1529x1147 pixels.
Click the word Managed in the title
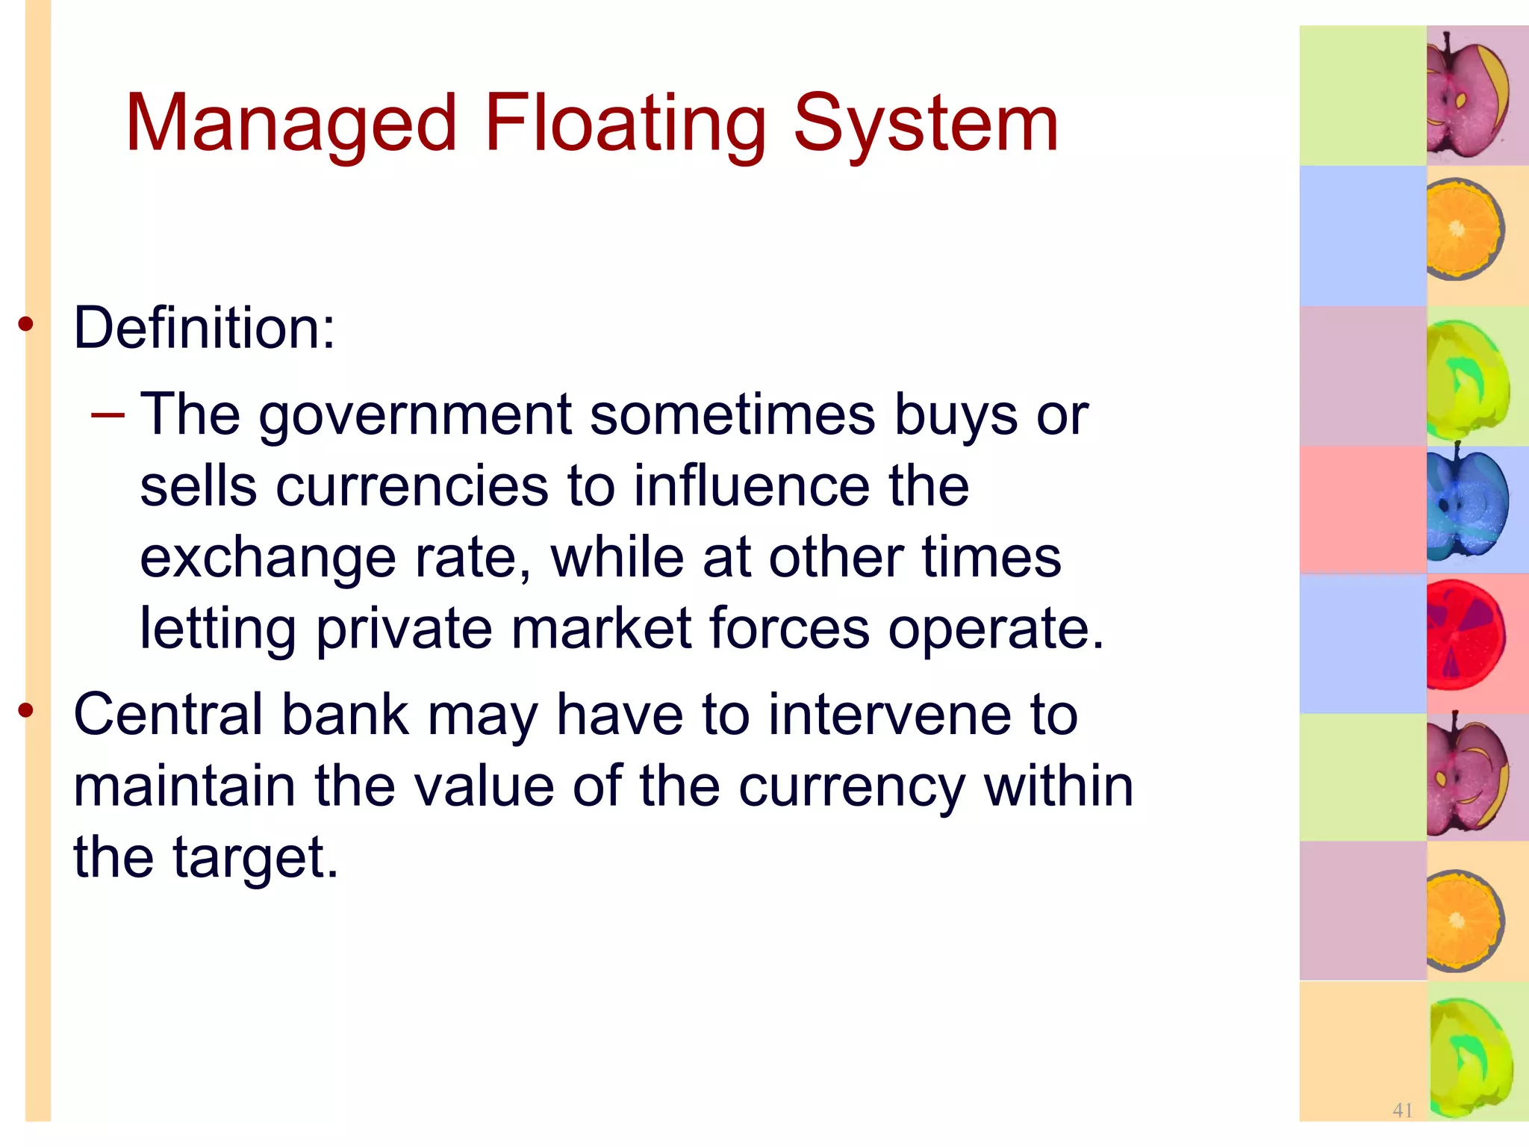point(290,123)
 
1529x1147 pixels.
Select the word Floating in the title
point(625,123)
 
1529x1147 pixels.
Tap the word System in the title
point(925,123)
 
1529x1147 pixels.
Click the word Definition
point(204,328)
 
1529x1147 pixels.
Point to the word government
point(415,415)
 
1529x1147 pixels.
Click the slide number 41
point(1402,1110)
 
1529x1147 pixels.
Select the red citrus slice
point(1464,635)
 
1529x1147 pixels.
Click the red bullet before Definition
point(26,324)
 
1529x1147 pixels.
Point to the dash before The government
point(107,414)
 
